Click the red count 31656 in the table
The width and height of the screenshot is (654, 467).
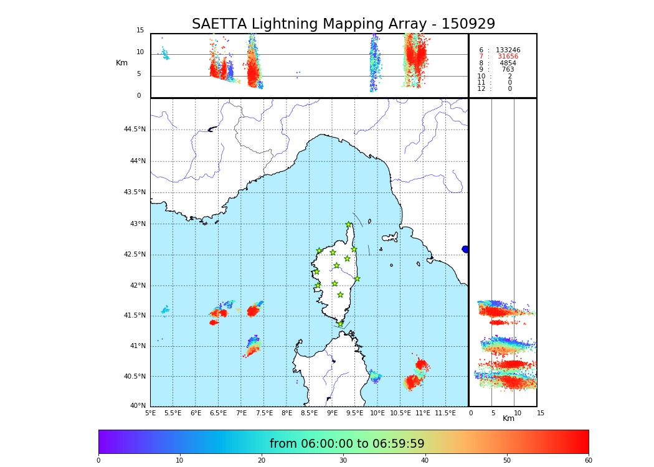click(x=508, y=57)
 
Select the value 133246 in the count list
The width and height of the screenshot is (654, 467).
click(x=508, y=50)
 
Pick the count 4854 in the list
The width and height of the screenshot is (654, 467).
click(x=508, y=63)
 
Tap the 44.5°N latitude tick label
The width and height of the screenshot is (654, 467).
click(x=135, y=130)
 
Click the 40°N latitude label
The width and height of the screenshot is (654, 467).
click(x=137, y=406)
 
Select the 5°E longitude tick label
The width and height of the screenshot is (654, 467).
click(x=151, y=413)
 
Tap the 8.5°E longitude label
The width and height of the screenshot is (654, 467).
click(x=310, y=413)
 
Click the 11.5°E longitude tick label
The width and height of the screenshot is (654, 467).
click(x=445, y=413)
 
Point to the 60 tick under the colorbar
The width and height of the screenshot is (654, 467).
click(x=588, y=460)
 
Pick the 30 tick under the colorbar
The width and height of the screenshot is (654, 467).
click(x=343, y=460)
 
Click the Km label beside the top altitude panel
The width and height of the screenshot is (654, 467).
click(x=121, y=63)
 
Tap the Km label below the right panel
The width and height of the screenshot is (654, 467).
click(x=508, y=418)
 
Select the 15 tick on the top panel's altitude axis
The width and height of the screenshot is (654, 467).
click(x=140, y=31)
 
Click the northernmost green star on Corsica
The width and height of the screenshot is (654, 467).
click(x=349, y=225)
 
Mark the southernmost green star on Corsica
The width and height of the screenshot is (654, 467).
click(x=340, y=324)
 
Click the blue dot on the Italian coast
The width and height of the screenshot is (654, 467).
click(x=465, y=249)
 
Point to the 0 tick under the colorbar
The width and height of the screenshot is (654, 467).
click(x=98, y=460)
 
